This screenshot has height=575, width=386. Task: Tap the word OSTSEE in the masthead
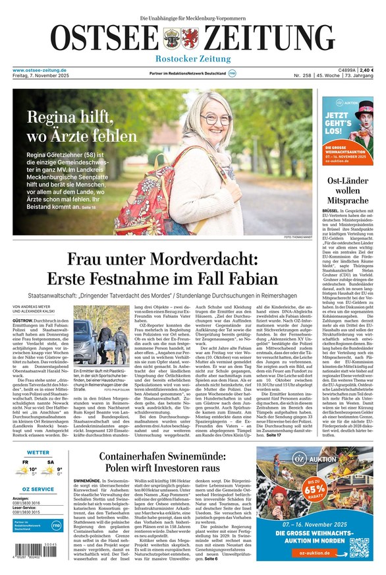click(x=104, y=37)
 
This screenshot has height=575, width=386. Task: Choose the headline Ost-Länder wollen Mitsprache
click(x=347, y=190)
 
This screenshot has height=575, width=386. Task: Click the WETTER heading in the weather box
click(x=38, y=453)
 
